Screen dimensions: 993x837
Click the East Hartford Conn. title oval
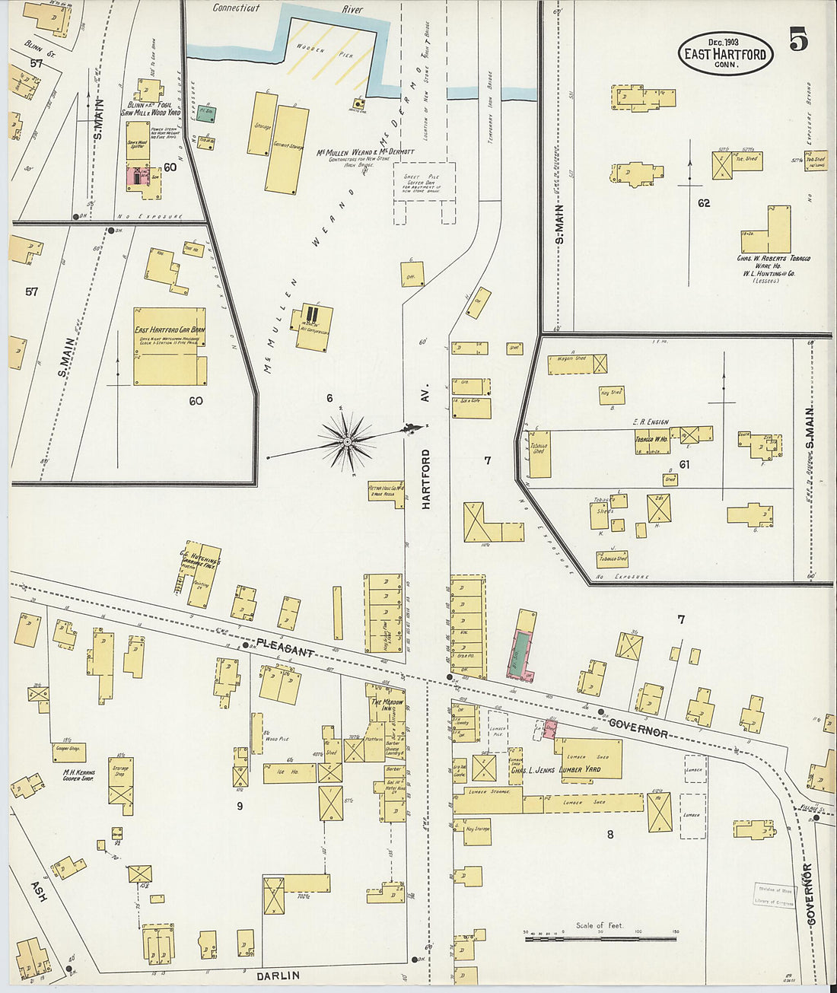coord(726,53)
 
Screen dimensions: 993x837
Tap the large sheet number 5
coord(798,39)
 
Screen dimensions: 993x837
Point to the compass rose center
coord(347,441)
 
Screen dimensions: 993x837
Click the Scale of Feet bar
coord(600,938)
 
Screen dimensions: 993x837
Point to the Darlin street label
coord(278,975)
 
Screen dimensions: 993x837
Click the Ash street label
coord(38,892)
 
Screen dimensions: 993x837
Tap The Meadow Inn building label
coord(387,705)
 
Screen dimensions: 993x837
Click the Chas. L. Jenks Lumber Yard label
coord(555,769)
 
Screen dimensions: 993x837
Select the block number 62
coord(703,203)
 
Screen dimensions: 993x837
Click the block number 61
coord(683,463)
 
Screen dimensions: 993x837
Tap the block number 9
coord(239,806)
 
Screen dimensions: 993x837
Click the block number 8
coord(609,834)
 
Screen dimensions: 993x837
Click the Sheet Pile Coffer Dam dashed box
coord(424,183)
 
